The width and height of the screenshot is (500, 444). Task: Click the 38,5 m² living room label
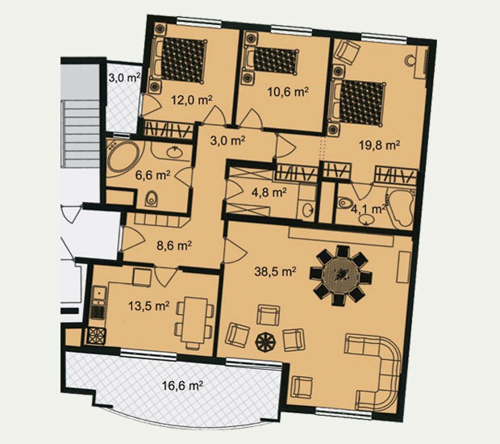point(275,271)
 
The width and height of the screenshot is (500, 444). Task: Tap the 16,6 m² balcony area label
point(182,386)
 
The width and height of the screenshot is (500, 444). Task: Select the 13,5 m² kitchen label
point(148,306)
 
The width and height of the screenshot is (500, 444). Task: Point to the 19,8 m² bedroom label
point(380,145)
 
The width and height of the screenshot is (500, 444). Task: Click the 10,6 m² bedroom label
point(288,92)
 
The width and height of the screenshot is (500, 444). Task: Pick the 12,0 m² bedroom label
point(192,100)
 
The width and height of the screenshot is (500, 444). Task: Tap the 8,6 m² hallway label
point(174,245)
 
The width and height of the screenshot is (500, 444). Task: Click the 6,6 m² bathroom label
point(152,175)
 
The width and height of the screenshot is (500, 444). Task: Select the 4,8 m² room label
point(269,192)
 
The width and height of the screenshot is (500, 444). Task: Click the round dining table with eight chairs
point(341,275)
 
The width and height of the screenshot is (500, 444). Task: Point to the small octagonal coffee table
point(265,341)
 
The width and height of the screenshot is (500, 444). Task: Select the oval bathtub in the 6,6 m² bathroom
point(123,157)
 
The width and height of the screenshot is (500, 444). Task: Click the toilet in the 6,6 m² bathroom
point(151,199)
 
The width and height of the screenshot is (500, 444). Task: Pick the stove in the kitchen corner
point(96,336)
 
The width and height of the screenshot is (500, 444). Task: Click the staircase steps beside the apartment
point(80,132)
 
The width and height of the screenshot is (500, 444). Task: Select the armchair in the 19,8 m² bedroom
point(347,52)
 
